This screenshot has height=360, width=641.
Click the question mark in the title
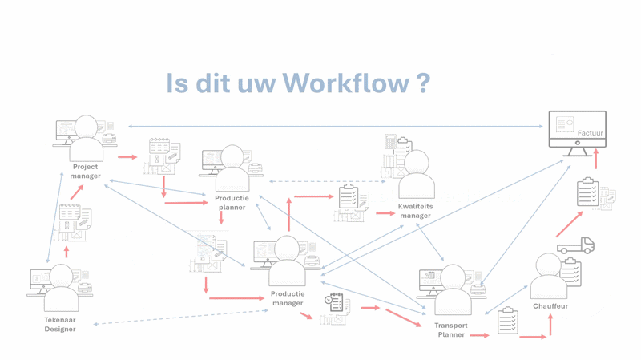click(x=422, y=83)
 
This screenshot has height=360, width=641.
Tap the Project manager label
click(x=85, y=172)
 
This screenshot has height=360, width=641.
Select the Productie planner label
click(x=232, y=202)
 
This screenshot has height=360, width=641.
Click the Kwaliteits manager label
click(x=414, y=211)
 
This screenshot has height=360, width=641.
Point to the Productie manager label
click(x=288, y=298)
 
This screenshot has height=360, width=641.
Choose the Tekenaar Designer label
click(x=60, y=324)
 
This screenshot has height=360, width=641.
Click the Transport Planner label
click(x=451, y=330)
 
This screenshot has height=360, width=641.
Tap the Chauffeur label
click(x=550, y=305)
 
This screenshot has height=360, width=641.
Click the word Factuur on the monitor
click(x=591, y=134)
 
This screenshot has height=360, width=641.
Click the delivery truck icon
click(x=576, y=245)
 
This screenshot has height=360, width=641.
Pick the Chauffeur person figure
click(x=548, y=277)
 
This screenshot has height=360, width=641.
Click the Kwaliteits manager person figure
click(x=417, y=176)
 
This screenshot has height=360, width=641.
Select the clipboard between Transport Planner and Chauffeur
click(x=507, y=321)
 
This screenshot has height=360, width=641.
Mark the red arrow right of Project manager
click(x=127, y=157)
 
